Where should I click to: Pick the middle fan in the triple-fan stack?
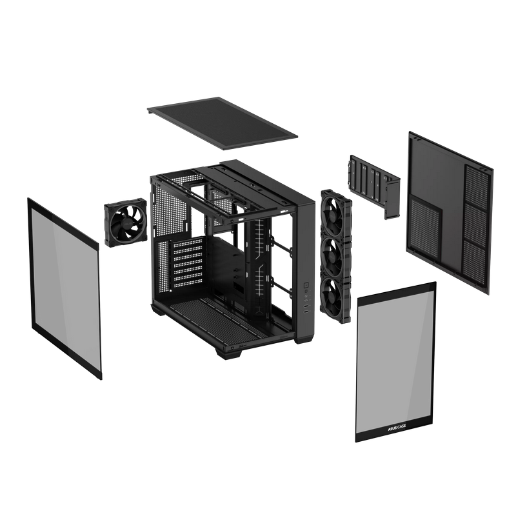click(x=335, y=253)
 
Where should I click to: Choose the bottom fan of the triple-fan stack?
click(x=335, y=293)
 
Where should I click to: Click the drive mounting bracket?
click(x=374, y=184)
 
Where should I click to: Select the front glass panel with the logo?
click(x=396, y=361)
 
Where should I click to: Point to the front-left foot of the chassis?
click(x=224, y=352)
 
